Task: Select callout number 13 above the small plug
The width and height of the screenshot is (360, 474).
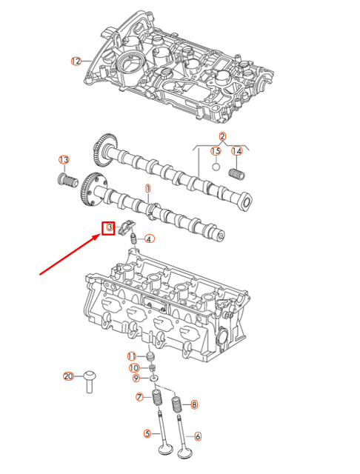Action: [64, 160]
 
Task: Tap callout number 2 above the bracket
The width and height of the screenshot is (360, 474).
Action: [221, 136]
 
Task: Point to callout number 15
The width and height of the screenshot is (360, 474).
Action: [216, 151]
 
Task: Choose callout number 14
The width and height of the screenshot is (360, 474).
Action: [237, 151]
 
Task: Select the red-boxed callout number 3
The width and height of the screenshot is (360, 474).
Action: [109, 227]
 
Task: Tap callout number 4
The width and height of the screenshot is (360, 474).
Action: [149, 238]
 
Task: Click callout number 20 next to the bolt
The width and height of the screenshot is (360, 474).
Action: [68, 376]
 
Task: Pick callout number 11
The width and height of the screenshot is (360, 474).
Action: [131, 357]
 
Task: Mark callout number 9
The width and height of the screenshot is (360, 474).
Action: [136, 378]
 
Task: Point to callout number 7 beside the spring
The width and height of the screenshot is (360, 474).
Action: [139, 398]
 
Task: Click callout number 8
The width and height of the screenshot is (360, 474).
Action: [194, 404]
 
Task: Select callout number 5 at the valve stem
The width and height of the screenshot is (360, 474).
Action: [147, 434]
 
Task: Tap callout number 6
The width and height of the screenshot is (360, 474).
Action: [197, 436]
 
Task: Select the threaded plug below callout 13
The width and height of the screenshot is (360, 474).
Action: [67, 180]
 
